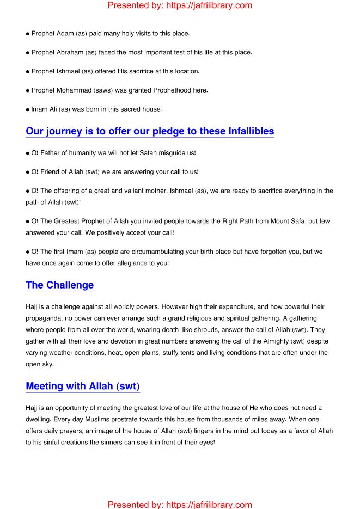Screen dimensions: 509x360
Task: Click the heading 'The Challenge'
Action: tap(60, 285)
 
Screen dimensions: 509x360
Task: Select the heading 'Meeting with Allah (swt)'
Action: tap(83, 387)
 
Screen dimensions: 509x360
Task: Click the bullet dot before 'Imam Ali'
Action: tap(28, 109)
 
